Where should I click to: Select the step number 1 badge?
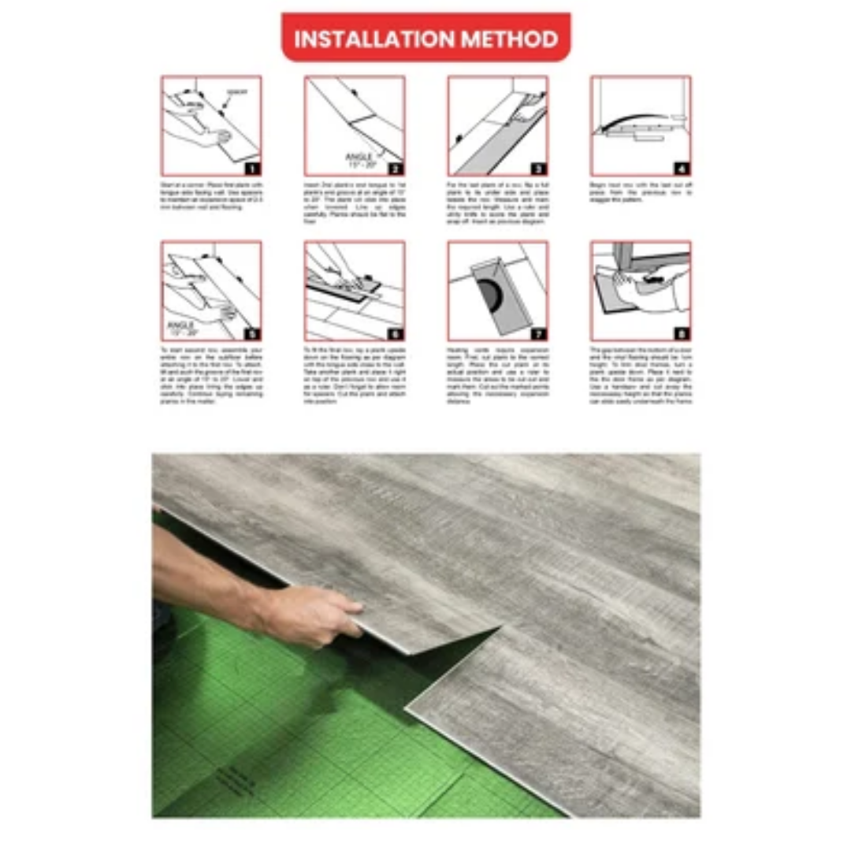251,168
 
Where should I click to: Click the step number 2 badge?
395,168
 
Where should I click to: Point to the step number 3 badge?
538,168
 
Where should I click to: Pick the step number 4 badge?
682,168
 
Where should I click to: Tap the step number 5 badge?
251,333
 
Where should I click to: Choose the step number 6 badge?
395,333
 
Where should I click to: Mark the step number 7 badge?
538,333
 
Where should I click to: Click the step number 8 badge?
682,333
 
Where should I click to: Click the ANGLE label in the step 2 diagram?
359,158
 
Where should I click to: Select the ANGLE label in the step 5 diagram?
182,324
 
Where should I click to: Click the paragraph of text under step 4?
640,192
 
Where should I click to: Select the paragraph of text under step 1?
211,195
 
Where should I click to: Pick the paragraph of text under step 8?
640,375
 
